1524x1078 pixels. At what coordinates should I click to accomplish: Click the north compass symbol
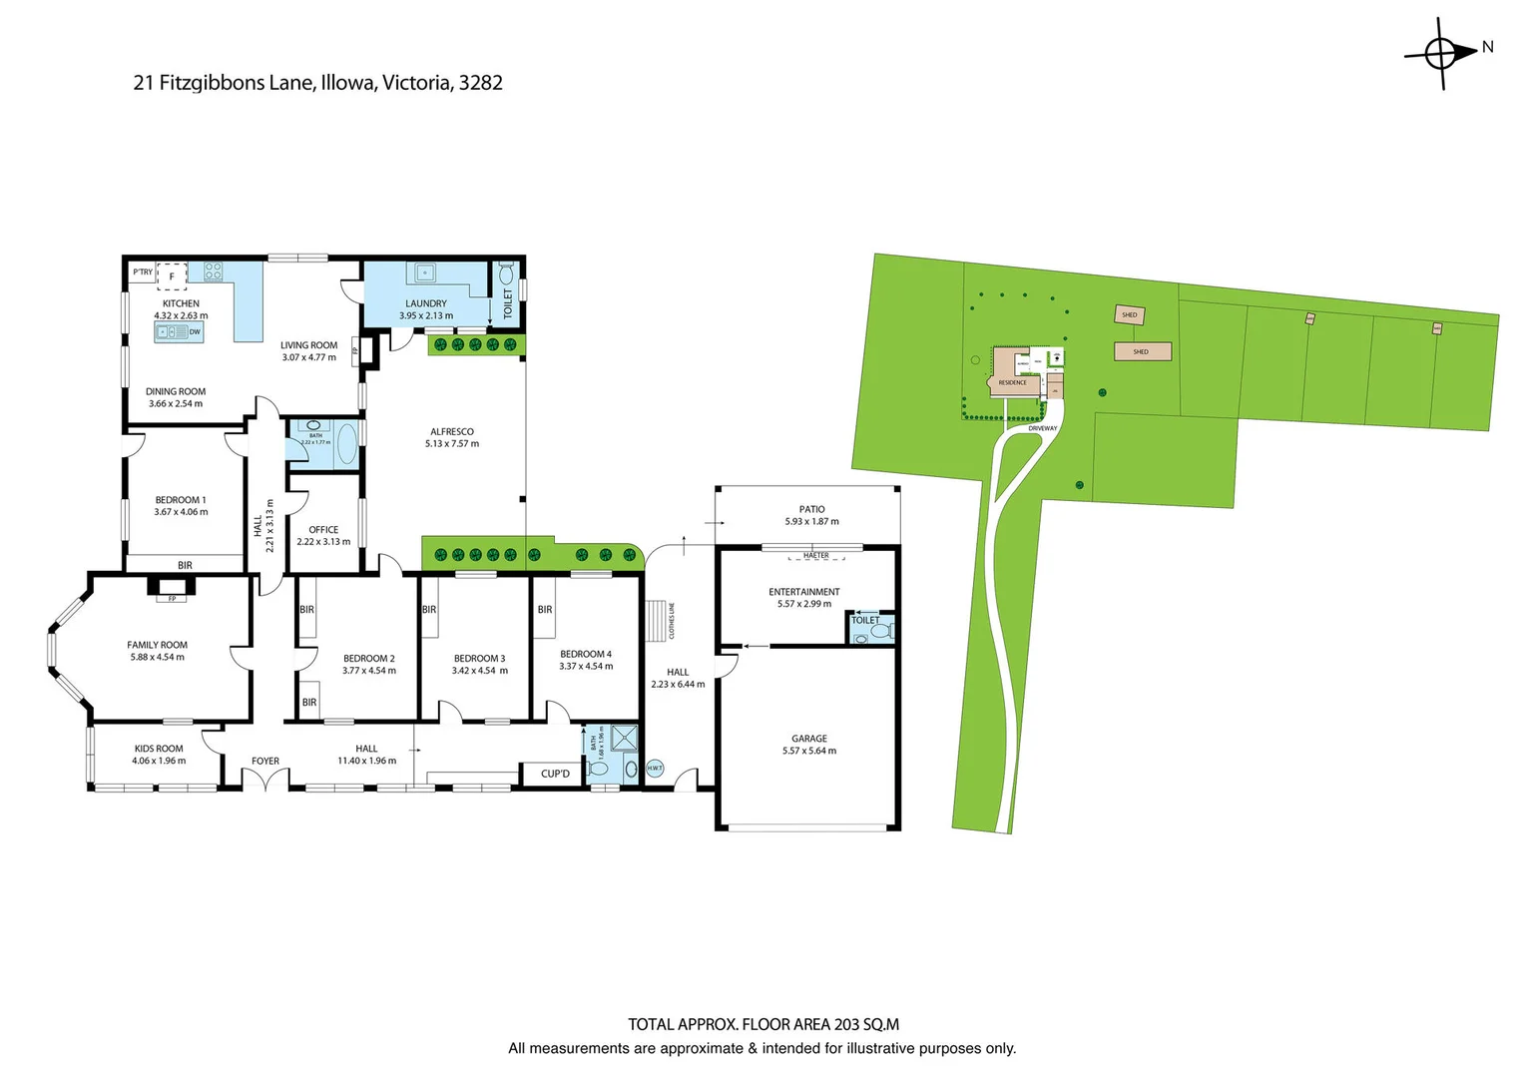[x=1441, y=52]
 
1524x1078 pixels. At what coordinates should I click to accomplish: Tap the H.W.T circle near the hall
[x=655, y=768]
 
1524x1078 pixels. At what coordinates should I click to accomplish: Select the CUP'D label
[x=555, y=774]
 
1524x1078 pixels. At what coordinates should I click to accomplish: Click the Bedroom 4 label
[x=586, y=655]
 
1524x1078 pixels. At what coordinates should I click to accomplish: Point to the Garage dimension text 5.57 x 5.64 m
[x=809, y=751]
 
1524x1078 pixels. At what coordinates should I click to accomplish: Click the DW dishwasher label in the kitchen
[x=195, y=331]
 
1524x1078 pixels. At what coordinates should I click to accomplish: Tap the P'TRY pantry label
[x=143, y=271]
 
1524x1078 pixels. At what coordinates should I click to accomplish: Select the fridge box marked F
[x=172, y=275]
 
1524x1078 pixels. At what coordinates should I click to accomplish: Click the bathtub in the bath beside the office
[x=346, y=444]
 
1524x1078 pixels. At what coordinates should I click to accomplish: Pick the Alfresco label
[x=451, y=432]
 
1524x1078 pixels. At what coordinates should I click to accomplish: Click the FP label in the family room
[x=172, y=599]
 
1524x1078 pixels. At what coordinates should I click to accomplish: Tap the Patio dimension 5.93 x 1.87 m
[x=811, y=521]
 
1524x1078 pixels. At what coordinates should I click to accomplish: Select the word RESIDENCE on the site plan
[x=1012, y=382]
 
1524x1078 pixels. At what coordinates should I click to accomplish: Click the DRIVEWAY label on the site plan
[x=1042, y=428]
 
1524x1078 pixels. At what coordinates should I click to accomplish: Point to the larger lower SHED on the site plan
[x=1142, y=351]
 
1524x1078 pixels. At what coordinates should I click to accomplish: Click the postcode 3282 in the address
[x=480, y=83]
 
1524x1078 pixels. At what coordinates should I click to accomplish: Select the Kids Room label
[x=159, y=749]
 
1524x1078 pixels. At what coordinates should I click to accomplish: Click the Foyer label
[x=265, y=761]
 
